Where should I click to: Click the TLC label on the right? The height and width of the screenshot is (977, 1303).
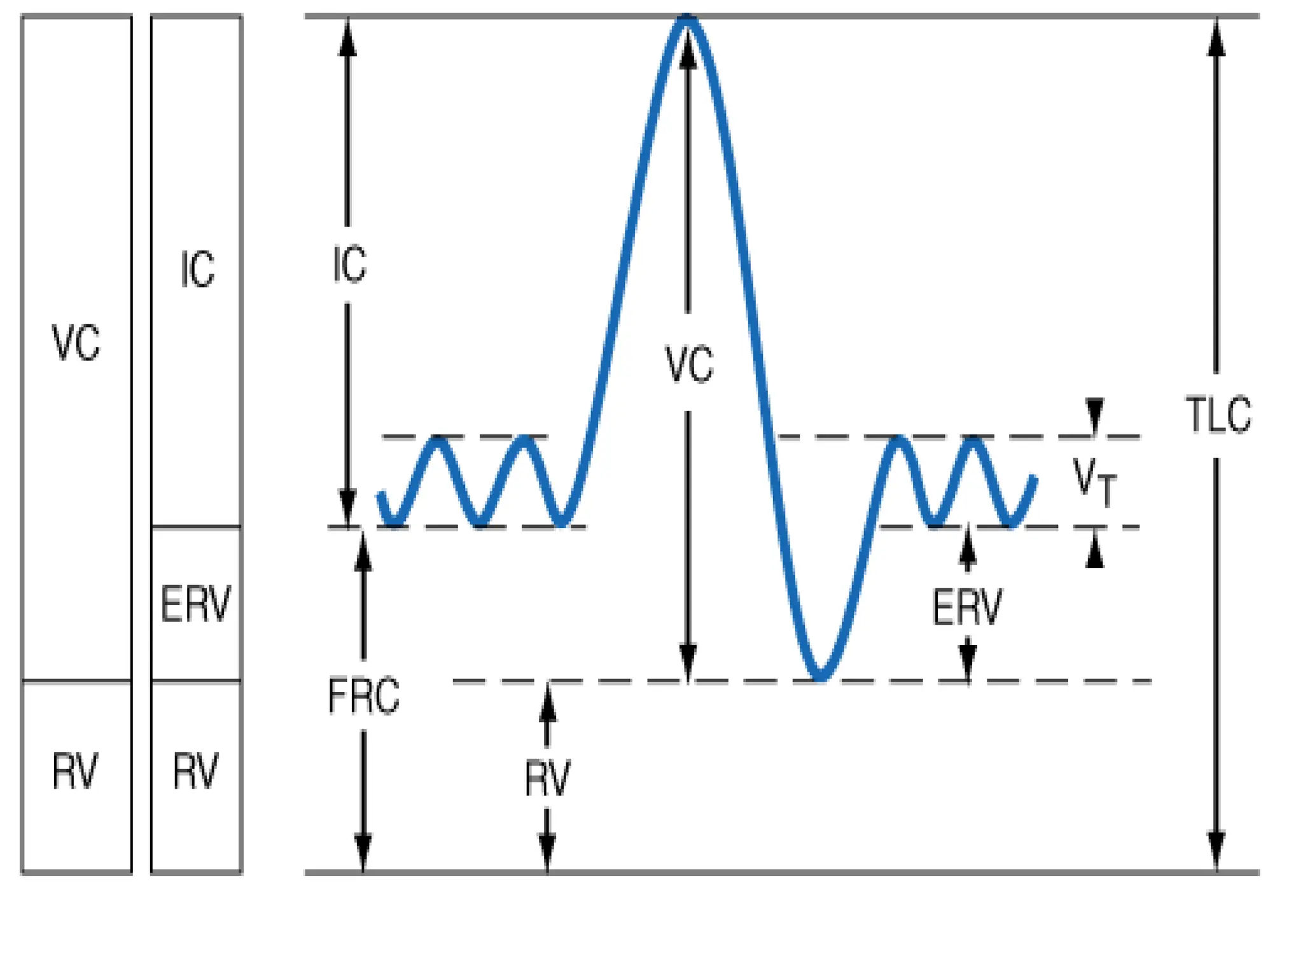click(x=1218, y=414)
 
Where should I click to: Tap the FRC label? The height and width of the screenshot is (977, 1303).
click(x=364, y=696)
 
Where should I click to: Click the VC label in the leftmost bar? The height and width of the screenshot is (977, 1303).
click(x=76, y=343)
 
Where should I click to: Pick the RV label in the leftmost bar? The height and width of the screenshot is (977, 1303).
click(x=75, y=772)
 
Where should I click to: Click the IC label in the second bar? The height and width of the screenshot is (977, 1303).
click(x=197, y=270)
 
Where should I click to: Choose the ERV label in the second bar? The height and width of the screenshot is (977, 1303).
click(x=196, y=604)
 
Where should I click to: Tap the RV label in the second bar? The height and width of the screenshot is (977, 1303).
click(x=196, y=771)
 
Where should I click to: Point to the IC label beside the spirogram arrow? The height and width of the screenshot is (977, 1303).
click(x=349, y=263)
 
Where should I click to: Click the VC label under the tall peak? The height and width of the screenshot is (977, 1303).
click(x=689, y=364)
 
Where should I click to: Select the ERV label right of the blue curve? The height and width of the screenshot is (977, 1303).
click(x=967, y=607)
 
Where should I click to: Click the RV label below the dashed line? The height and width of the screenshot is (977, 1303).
click(x=547, y=778)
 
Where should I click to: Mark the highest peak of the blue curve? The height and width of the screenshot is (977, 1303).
click(x=687, y=19)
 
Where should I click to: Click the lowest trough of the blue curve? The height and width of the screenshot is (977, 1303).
click(x=821, y=678)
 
